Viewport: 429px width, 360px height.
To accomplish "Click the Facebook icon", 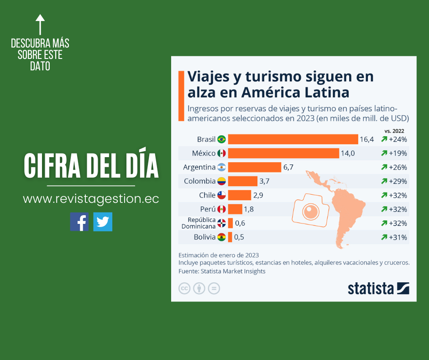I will [79, 222].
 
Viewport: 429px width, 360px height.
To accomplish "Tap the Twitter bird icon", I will [103, 222].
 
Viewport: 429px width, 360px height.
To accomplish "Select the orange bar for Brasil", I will [293, 139].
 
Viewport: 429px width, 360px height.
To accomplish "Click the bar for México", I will [283, 153].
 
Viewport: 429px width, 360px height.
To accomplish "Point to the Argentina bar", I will [254, 167].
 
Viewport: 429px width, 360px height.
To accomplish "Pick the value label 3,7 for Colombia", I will [264, 181].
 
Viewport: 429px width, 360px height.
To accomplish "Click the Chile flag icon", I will [221, 196].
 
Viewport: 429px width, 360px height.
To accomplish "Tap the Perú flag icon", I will [221, 209].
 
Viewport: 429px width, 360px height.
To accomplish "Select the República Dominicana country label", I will [199, 223].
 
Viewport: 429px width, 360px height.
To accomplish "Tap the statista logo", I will [378, 288].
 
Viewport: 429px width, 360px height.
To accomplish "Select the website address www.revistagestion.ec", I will [91, 199].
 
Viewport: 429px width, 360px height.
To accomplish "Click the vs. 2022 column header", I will [394, 130].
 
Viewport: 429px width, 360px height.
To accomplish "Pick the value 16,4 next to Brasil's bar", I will [366, 139].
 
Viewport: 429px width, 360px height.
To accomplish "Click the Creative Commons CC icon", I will [184, 288].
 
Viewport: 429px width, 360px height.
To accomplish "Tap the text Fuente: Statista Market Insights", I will [222, 271].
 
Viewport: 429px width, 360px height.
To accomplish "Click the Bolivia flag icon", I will [221, 237].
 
